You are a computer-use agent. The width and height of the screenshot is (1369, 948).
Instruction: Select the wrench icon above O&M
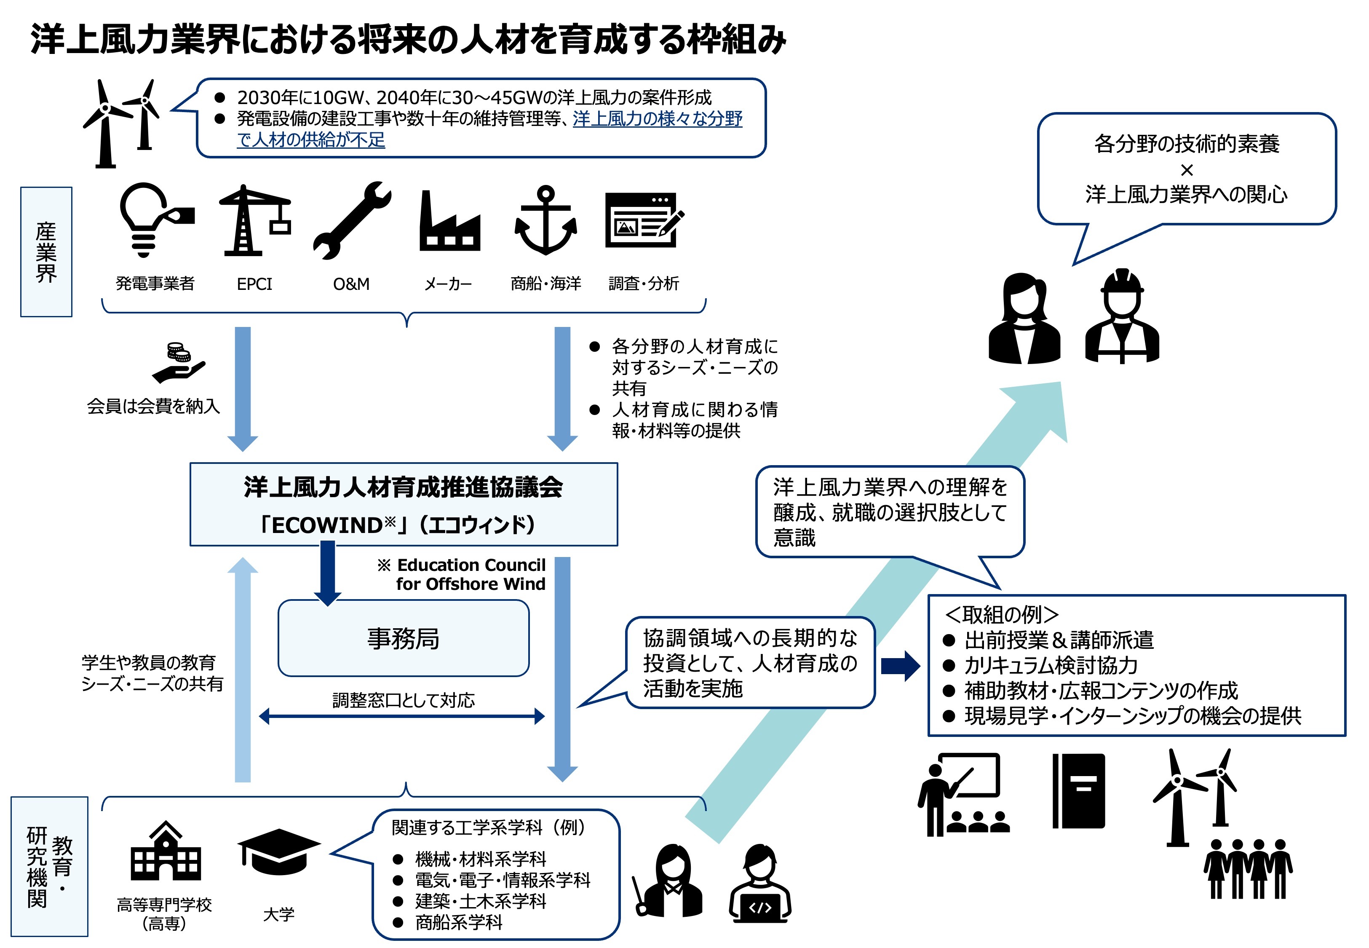coord(353,221)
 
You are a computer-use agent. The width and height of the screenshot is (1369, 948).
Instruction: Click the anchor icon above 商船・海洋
coord(545,221)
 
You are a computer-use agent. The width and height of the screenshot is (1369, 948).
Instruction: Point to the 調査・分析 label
coord(644,284)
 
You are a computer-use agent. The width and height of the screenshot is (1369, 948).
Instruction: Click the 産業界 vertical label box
coord(46,252)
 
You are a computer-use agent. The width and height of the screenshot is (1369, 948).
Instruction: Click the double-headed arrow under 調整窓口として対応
coord(402,716)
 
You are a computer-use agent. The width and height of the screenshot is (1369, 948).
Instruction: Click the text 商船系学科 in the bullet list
coord(459,922)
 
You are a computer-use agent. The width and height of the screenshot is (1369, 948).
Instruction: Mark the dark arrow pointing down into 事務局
coord(327,573)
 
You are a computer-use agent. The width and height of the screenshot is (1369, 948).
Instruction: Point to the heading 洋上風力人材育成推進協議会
coord(403,487)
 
